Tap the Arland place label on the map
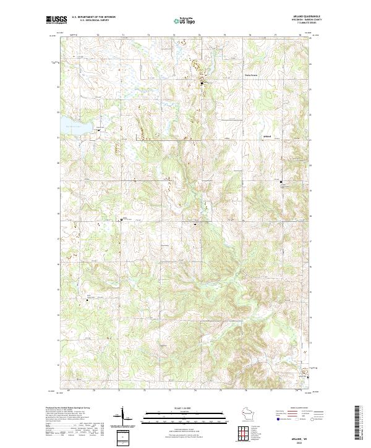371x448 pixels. pyautogui.click(x=267, y=136)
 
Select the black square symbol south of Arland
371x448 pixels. pyautogui.click(x=281, y=182)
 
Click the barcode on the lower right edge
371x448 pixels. pyautogui.click(x=359, y=423)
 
